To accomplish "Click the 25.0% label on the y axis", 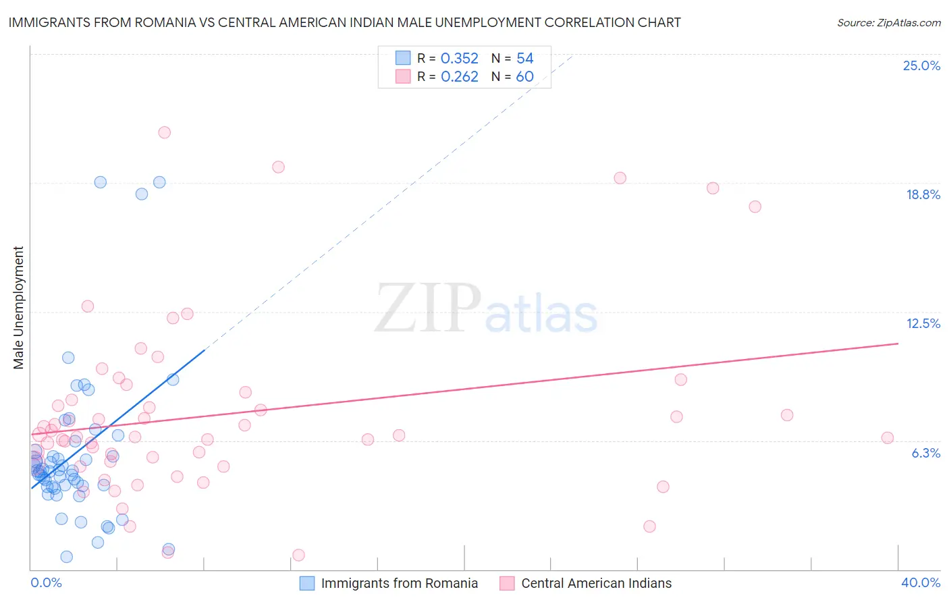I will click(921, 66).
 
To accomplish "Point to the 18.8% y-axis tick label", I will click(923, 195).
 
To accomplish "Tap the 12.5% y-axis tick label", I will click(923, 324).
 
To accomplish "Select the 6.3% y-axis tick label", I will click(925, 454).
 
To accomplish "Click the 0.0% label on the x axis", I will click(46, 583).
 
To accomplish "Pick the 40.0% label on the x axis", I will click(920, 583).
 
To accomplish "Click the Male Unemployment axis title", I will click(19, 308).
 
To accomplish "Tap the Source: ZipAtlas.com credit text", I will click(888, 23).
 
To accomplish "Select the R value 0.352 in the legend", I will click(459, 59).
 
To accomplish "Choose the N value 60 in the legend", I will click(524, 77).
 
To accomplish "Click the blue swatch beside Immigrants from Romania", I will click(307, 584).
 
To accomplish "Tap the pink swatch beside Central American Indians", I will click(508, 584).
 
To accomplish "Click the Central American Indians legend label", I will click(596, 584).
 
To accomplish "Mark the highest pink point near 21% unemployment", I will click(164, 132).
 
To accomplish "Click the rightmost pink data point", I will click(888, 438).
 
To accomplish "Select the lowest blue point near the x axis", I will click(66, 557).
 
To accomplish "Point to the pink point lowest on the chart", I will click(298, 555).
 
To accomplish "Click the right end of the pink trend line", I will click(898, 344).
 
